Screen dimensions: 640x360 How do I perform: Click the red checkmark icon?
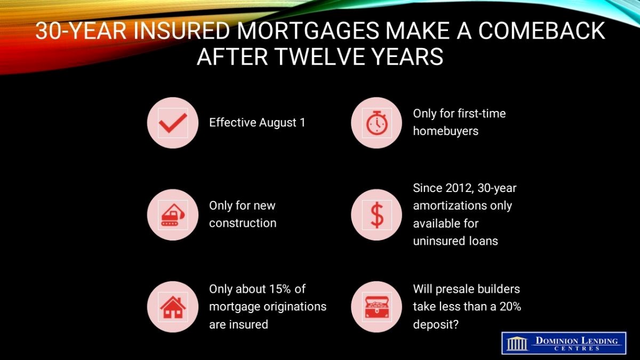173,123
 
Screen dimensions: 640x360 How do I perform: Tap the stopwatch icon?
377,123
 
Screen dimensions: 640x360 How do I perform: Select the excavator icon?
173,215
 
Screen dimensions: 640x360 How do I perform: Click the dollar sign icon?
377,215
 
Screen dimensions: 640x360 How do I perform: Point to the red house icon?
173,307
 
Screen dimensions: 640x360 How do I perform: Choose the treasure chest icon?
377,307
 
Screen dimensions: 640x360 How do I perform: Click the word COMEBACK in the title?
541,30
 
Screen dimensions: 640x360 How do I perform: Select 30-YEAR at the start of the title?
81,30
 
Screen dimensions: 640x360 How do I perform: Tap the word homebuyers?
445,131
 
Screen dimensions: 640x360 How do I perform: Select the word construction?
243,223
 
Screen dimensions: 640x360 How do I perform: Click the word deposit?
436,325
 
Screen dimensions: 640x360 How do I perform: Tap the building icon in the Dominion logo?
517,343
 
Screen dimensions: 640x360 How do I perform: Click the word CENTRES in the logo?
577,348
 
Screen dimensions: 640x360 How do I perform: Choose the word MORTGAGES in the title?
308,30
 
